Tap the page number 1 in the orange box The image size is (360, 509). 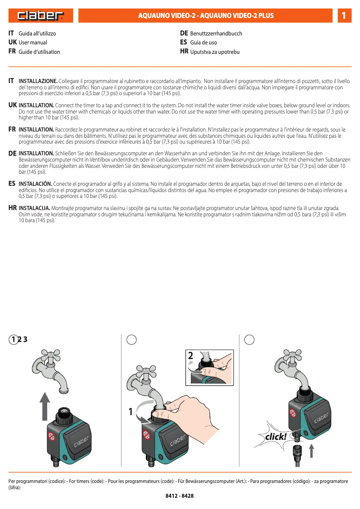(x=343, y=16)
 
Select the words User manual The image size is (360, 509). (x=33, y=43)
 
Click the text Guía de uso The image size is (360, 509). (x=203, y=43)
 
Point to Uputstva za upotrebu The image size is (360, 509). (x=215, y=52)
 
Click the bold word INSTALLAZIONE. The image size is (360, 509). (x=38, y=81)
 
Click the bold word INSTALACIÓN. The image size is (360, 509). (x=35, y=184)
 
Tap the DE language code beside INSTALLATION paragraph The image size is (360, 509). (x=13, y=153)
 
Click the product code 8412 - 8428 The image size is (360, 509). (x=180, y=496)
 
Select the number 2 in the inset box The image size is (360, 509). (x=191, y=356)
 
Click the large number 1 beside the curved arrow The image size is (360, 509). (x=131, y=411)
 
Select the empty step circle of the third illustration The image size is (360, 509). (x=250, y=340)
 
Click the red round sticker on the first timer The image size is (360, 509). (x=52, y=436)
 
